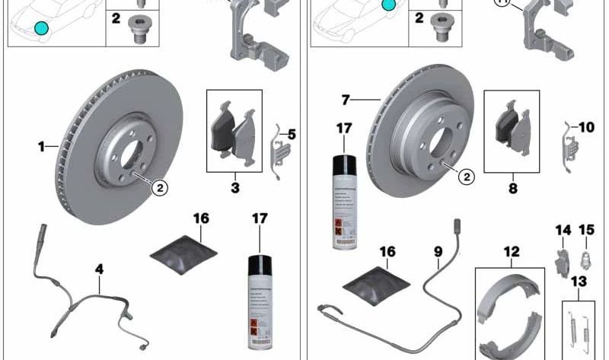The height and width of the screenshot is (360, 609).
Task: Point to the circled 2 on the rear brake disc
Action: (x=465, y=177)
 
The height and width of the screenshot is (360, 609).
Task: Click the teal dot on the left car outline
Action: (x=40, y=29)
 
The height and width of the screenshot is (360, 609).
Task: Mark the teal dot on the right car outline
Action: (x=389, y=5)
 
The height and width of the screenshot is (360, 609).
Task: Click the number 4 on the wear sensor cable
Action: (x=99, y=268)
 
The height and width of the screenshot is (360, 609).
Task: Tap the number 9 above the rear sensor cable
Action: (x=438, y=250)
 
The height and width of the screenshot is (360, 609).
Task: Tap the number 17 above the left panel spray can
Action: (x=261, y=218)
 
